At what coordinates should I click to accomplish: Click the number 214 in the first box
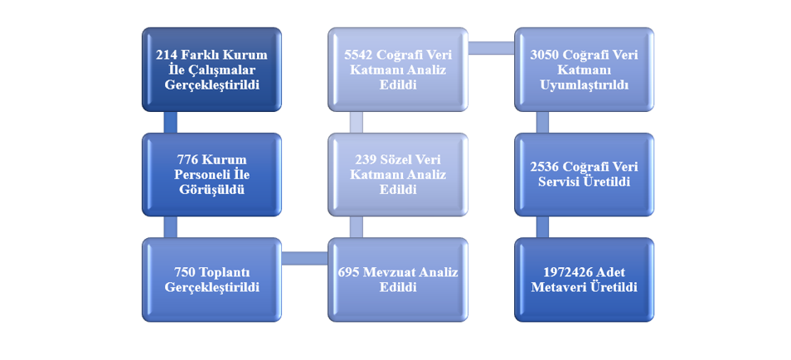(x=166, y=55)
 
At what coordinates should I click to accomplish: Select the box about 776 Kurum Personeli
(x=212, y=175)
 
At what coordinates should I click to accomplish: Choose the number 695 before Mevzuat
(x=348, y=273)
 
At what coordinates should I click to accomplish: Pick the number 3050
(x=544, y=55)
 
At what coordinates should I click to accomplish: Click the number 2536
(x=544, y=167)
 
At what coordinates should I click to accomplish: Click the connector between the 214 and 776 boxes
(x=171, y=122)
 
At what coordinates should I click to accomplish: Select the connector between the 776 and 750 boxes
(x=171, y=227)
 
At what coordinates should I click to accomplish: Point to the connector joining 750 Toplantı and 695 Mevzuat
(x=304, y=258)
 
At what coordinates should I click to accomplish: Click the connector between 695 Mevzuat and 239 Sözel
(x=357, y=227)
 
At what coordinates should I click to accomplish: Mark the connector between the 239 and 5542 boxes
(x=357, y=122)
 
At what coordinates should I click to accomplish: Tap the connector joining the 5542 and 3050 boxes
(x=492, y=48)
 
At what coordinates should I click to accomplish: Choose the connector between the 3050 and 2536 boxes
(x=542, y=122)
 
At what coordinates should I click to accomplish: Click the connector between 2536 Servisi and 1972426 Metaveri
(x=542, y=227)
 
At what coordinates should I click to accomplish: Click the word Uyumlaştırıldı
(x=585, y=85)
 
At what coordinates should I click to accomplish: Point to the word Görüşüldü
(x=212, y=190)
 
